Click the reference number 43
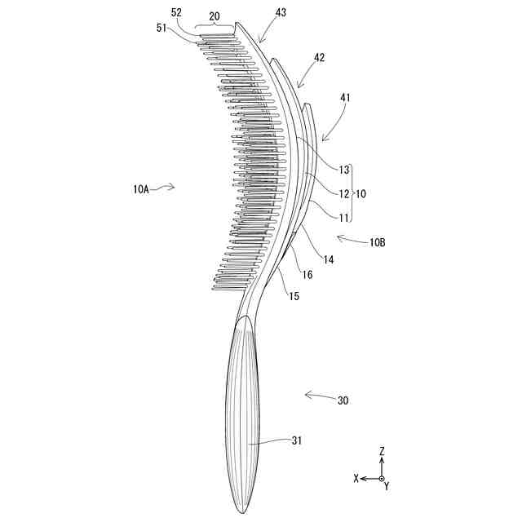tap(281, 12)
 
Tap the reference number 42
tap(320, 58)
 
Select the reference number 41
tap(346, 97)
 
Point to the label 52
tap(177, 12)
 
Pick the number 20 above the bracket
tap(215, 15)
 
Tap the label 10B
tap(378, 242)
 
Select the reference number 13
tap(344, 170)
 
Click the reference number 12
tap(344, 194)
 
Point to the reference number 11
tap(344, 218)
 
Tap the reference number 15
tap(293, 296)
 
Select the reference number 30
tap(343, 400)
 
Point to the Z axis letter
tap(381, 450)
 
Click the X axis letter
tap(356, 479)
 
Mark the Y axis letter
tap(386, 487)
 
